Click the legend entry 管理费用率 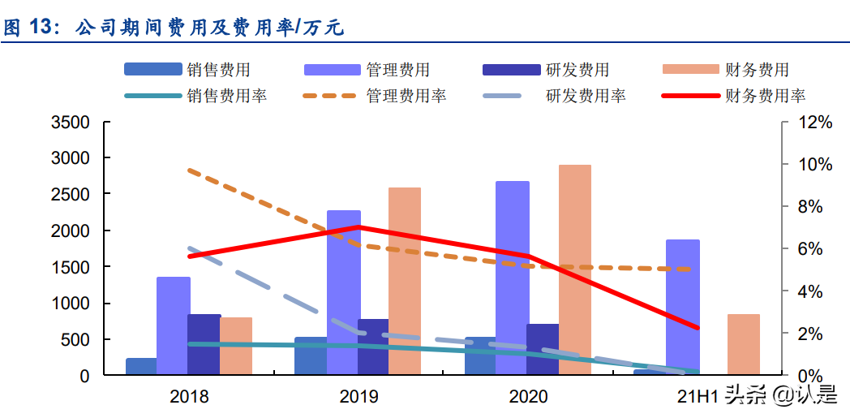(406, 96)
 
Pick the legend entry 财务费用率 (765, 96)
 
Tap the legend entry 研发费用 (577, 70)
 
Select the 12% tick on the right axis (812, 123)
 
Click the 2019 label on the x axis (358, 397)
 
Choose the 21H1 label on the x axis (698, 397)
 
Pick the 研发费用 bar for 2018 (204, 345)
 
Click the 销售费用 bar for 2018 (141, 367)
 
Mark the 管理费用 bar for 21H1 (682, 308)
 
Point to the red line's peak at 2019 (358, 227)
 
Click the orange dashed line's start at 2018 (189, 170)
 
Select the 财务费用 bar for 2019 (405, 282)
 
